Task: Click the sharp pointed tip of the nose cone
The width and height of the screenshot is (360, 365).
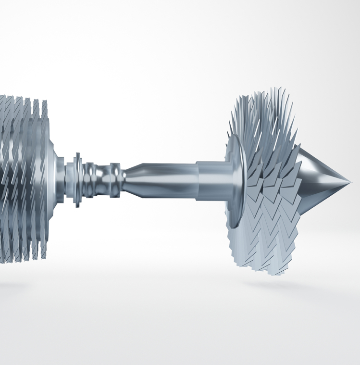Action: [x=350, y=182]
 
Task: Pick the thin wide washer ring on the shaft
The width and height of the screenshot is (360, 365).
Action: [x=77, y=179]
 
